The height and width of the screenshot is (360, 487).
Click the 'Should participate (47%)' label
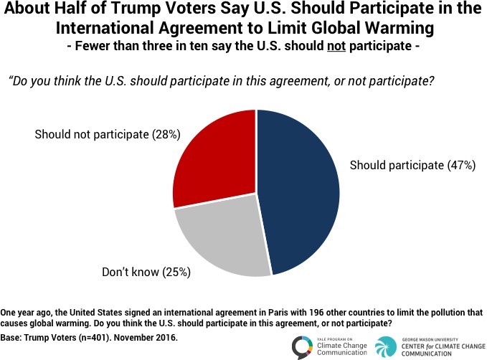coord(412,166)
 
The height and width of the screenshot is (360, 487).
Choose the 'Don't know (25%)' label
coord(136,272)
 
